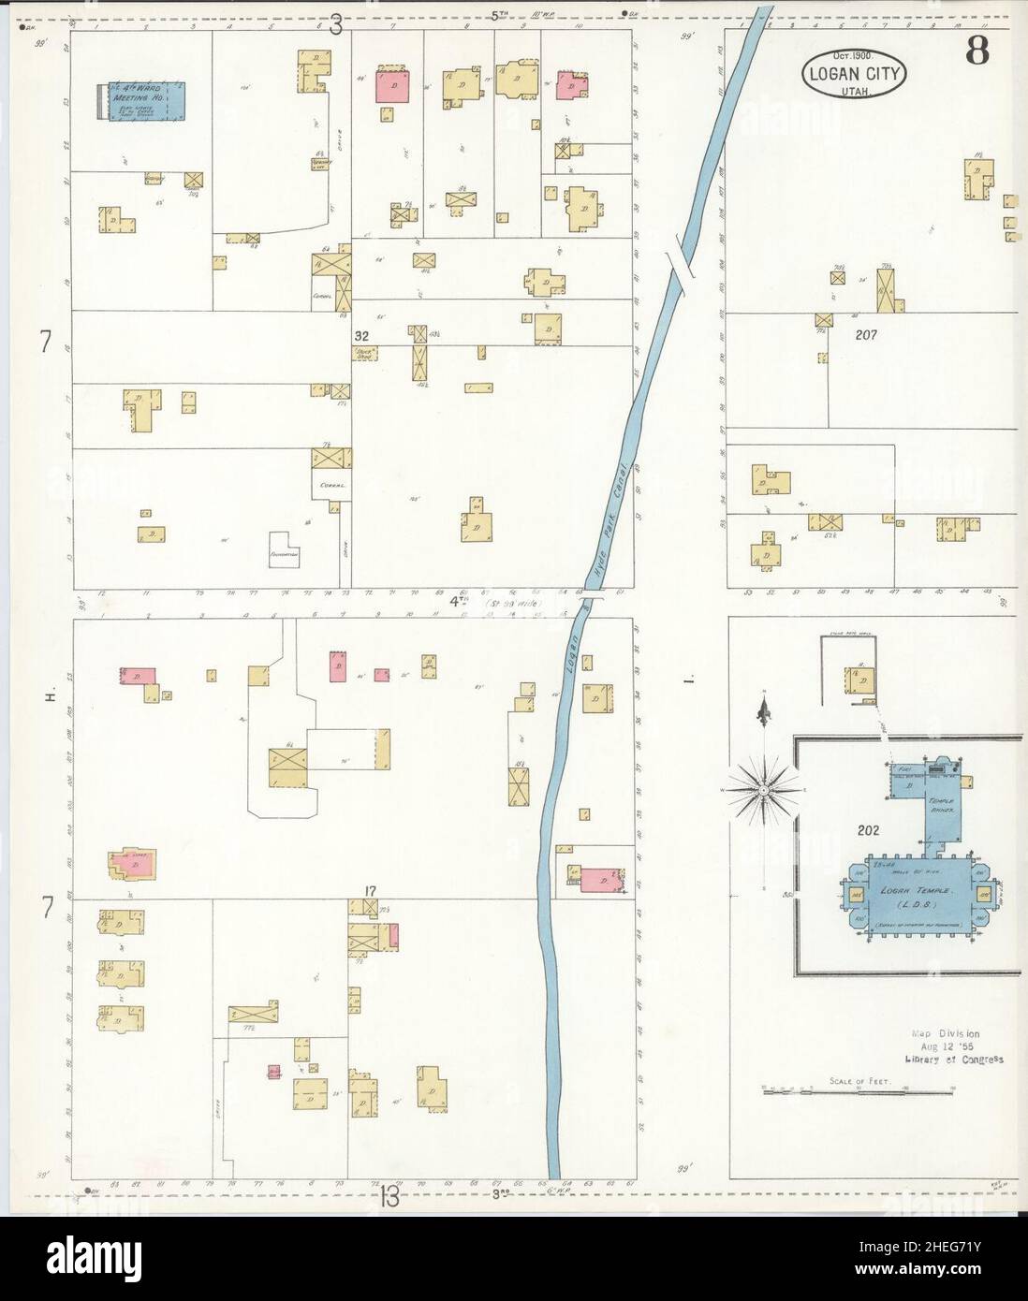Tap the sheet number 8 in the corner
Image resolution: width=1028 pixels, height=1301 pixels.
click(x=978, y=51)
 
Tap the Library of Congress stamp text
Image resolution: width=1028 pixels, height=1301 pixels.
click(x=954, y=1060)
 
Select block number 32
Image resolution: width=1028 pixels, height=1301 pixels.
click(x=361, y=335)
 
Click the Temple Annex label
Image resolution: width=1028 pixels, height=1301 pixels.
click(x=940, y=807)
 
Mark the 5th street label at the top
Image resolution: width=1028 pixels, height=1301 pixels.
click(x=499, y=15)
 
